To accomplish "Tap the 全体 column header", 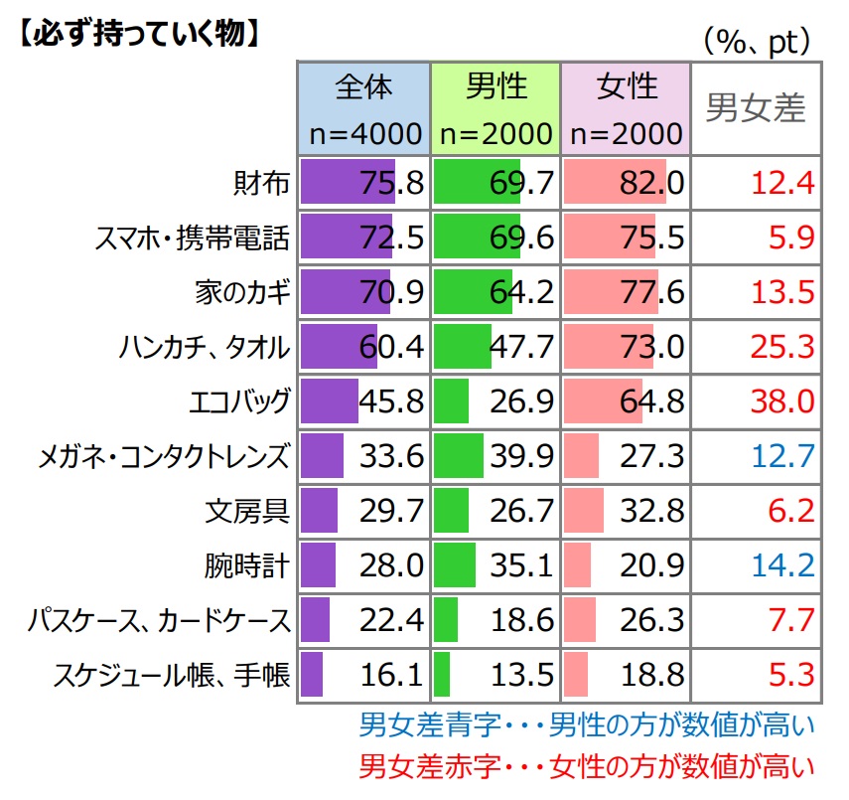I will coord(363,108).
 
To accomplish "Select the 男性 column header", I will coord(495,108).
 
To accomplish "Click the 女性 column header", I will coord(627,108).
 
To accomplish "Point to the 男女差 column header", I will coord(756,108).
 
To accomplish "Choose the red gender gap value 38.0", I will coord(784,401).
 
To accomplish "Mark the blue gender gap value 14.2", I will coord(784,566).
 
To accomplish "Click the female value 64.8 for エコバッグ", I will coord(653,401).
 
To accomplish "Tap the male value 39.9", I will coord(522,456).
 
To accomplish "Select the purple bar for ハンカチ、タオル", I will coord(338,347).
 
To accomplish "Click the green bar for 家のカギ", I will coord(474,292).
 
